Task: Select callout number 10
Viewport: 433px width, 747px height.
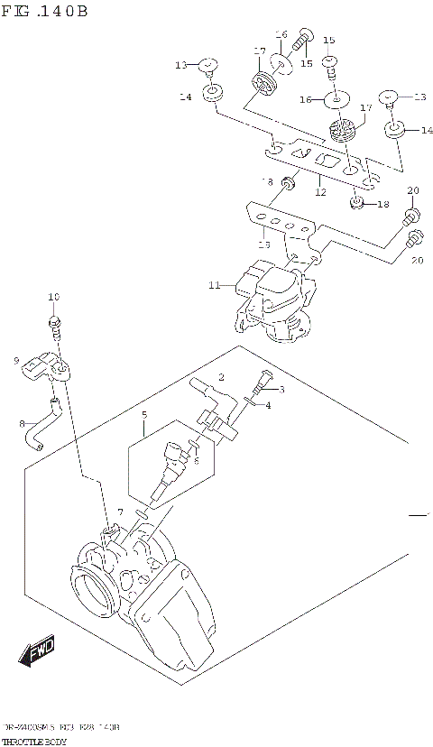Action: click(53, 297)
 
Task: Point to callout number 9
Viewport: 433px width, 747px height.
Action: click(16, 361)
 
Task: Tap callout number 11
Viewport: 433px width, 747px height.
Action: click(214, 286)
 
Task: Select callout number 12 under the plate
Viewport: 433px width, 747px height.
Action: click(319, 191)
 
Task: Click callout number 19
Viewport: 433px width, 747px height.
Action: click(263, 243)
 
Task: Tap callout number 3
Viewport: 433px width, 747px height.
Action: click(281, 390)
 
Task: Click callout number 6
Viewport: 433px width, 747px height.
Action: click(195, 460)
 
